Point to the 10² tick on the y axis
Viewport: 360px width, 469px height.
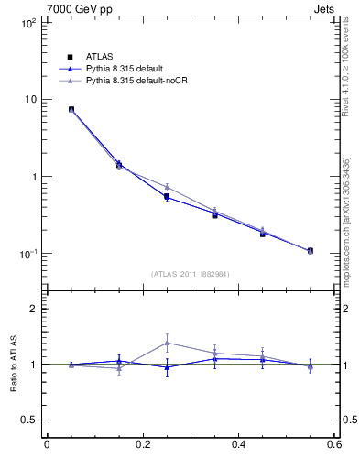(x=27, y=22)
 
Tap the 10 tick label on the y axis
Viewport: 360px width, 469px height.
(x=29, y=99)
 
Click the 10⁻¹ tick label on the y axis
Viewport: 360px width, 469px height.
(x=27, y=253)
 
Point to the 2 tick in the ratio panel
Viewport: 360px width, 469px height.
(x=33, y=309)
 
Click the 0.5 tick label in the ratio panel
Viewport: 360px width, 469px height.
(x=29, y=420)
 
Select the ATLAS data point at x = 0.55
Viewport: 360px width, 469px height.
(x=310, y=250)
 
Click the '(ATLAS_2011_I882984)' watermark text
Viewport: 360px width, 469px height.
(x=191, y=274)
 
